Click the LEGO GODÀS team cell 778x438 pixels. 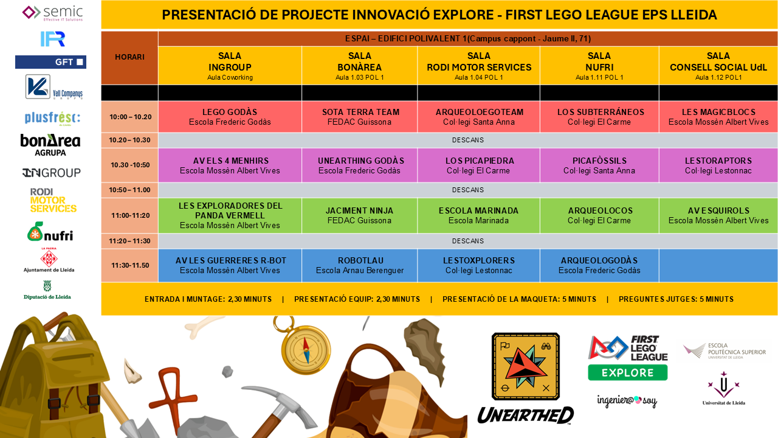click(230, 117)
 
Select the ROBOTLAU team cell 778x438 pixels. click(359, 265)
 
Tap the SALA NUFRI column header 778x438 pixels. click(599, 66)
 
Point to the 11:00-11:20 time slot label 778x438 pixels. click(130, 215)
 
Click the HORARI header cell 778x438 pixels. click(129, 57)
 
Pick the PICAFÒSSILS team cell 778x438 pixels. click(599, 165)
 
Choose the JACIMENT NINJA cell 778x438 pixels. click(359, 215)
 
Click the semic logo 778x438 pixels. click(52, 13)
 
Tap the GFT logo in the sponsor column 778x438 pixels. click(50, 62)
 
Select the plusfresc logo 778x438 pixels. click(52, 118)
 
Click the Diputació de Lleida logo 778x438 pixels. click(47, 290)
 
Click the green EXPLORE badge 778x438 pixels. click(628, 373)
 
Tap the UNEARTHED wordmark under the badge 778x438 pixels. click(526, 415)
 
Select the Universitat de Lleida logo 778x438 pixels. click(724, 388)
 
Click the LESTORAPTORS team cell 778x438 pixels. click(718, 165)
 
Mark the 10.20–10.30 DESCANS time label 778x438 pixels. click(129, 140)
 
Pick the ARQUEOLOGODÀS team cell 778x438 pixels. click(599, 265)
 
